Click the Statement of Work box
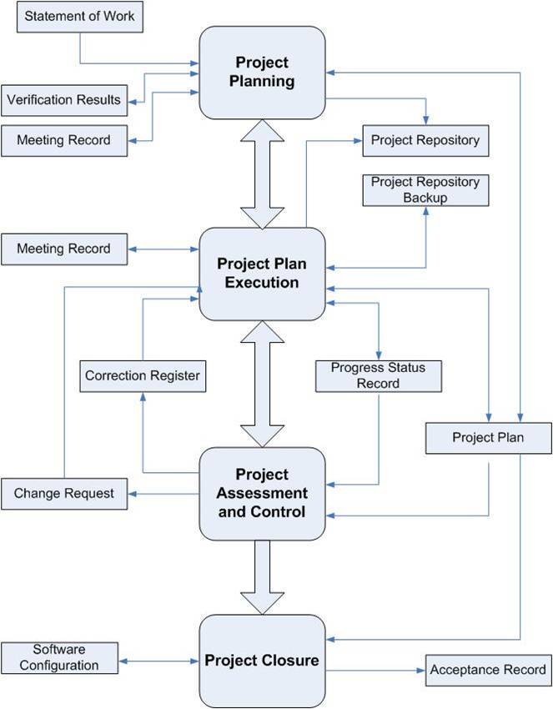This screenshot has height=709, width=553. tap(80, 17)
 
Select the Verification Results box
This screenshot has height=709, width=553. tap(64, 100)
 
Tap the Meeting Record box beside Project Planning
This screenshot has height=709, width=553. tap(64, 141)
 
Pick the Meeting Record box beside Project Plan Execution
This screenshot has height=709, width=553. tap(64, 249)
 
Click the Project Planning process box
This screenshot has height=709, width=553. tap(262, 73)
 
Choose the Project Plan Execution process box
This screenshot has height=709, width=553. tap(262, 274)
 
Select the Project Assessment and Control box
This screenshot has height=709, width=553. tap(262, 494)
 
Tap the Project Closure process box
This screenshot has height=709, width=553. tap(262, 661)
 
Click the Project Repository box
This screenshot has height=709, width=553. tap(425, 141)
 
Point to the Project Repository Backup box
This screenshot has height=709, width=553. tap(425, 190)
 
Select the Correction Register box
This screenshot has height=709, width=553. tap(143, 376)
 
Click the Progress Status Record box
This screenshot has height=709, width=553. tap(379, 376)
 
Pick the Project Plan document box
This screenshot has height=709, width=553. tap(489, 438)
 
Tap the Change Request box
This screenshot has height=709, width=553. tap(64, 494)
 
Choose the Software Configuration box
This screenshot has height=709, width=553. tap(60, 658)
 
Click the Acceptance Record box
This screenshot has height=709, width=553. tap(489, 670)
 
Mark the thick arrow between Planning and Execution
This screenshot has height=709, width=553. tap(262, 174)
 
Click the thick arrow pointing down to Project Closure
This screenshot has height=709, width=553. tap(262, 577)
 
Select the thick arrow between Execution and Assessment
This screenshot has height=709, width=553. tap(262, 384)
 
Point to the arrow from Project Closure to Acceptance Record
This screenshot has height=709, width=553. tap(375, 671)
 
